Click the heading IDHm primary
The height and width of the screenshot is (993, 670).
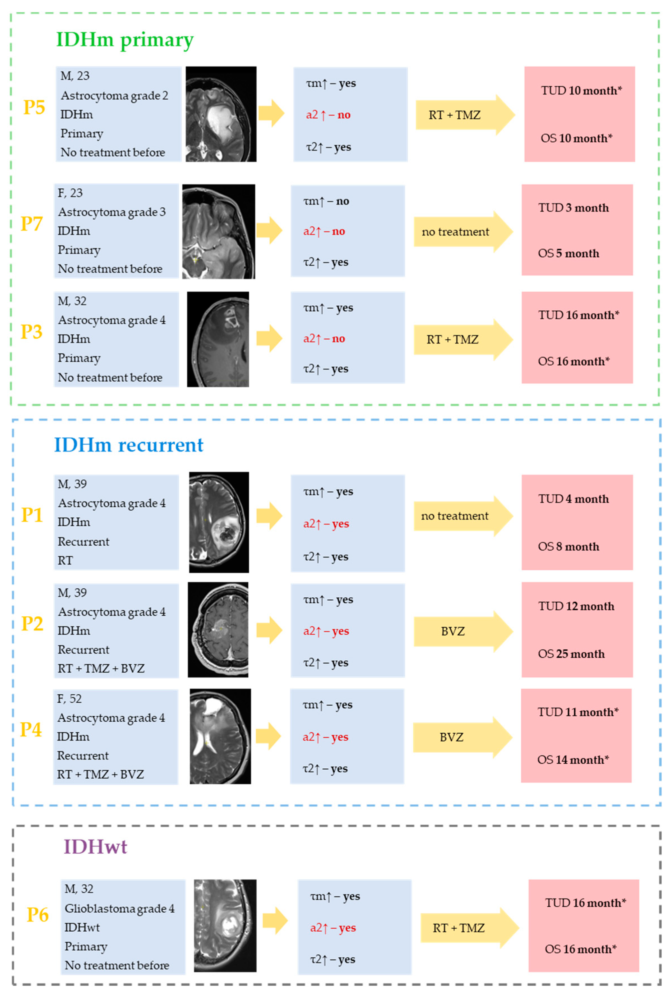125,40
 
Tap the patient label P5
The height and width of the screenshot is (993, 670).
34,107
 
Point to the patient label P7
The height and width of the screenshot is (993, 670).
32,224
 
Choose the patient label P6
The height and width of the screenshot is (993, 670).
38,914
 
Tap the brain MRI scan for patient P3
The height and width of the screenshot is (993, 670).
218,339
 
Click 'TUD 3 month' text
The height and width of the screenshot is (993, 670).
573,208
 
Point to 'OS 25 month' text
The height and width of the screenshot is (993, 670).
571,654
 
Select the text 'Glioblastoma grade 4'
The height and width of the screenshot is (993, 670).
120,908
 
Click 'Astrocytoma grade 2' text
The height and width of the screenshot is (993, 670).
114,95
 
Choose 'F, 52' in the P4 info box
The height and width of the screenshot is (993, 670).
69,699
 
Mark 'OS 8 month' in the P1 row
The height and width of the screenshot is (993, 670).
568,547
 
